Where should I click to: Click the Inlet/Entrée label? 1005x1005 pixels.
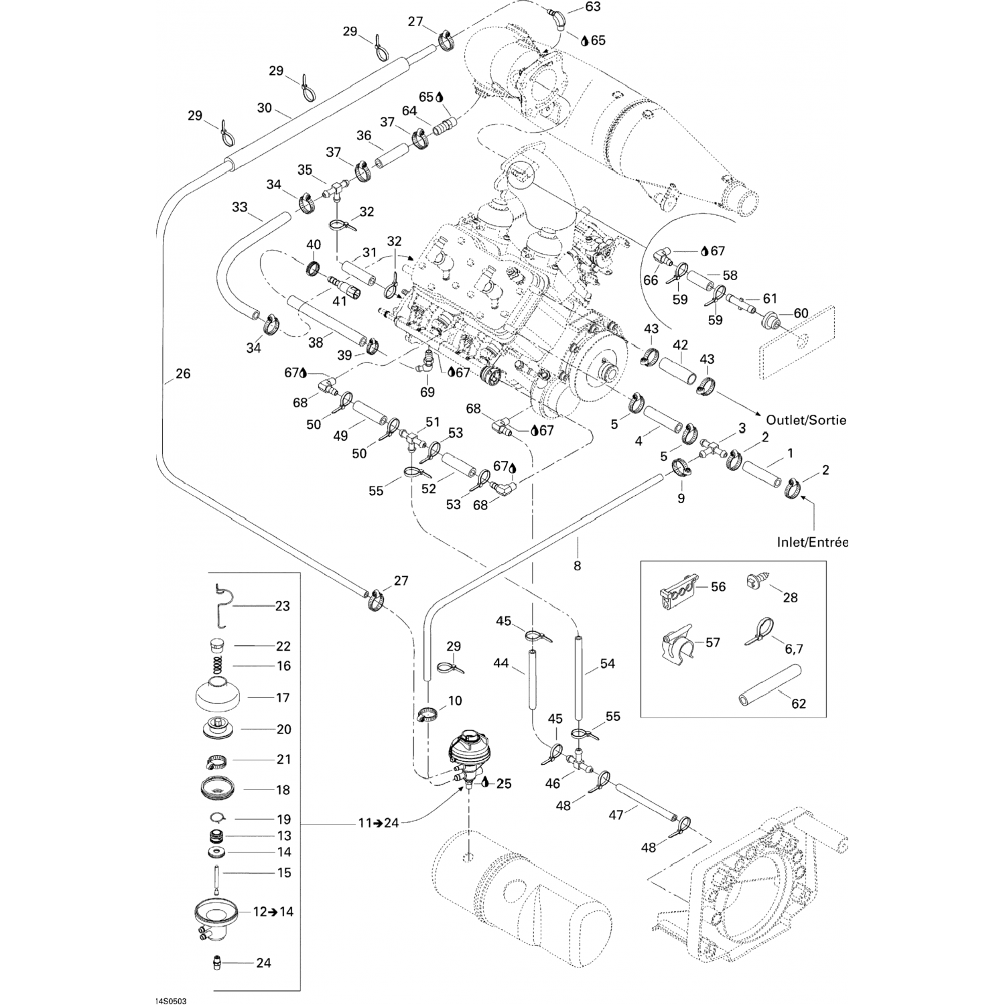[812, 542]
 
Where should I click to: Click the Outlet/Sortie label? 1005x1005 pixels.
[806, 420]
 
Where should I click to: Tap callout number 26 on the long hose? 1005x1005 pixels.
[182, 373]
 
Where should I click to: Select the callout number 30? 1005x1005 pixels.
[264, 108]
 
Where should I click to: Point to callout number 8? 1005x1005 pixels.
[577, 565]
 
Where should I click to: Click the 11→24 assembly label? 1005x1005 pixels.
[378, 823]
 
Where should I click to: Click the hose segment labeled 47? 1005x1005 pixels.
[648, 801]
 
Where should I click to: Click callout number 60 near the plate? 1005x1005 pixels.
[801, 313]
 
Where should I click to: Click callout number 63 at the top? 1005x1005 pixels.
[593, 7]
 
